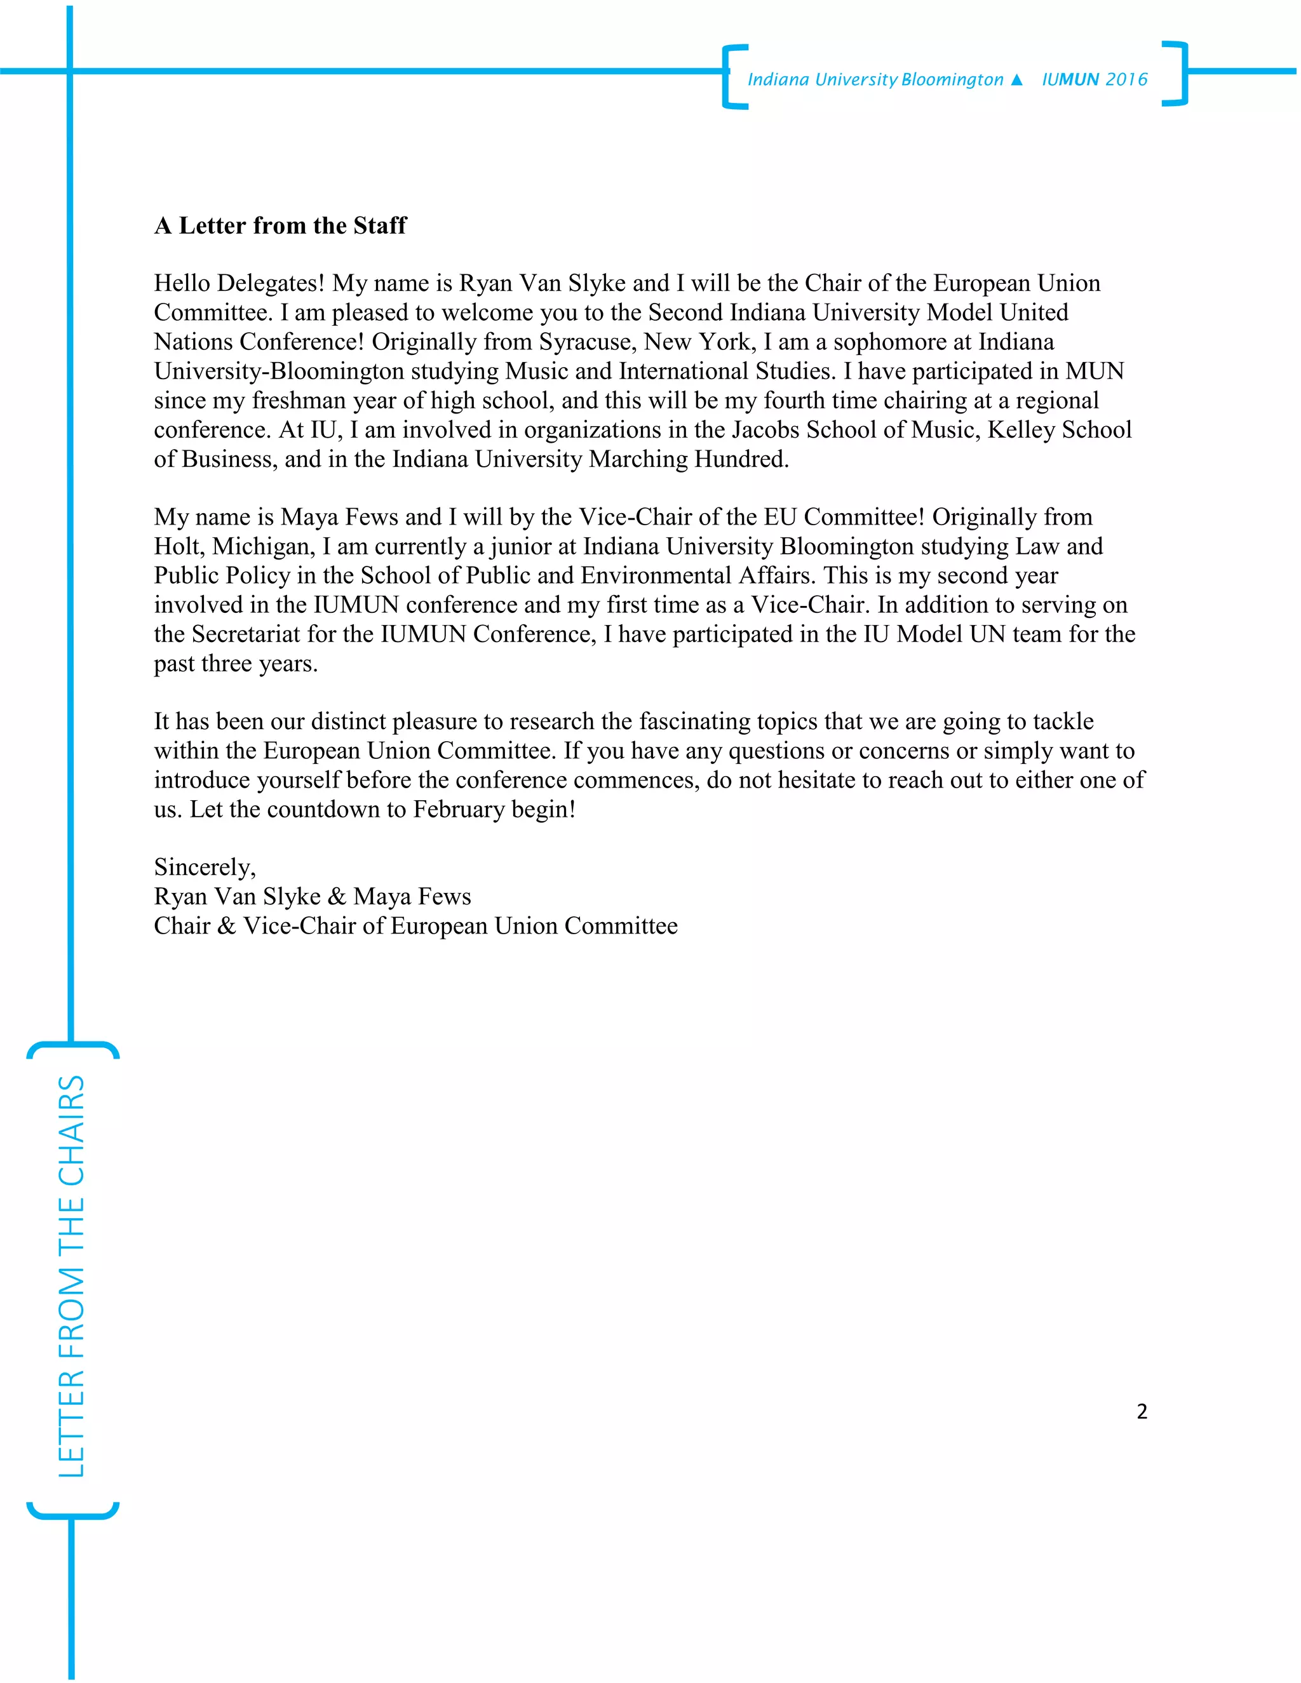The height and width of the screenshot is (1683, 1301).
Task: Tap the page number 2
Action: (1142, 1411)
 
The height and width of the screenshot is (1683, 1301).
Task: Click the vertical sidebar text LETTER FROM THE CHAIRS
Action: (72, 1276)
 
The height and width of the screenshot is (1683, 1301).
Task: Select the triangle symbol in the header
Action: (1016, 79)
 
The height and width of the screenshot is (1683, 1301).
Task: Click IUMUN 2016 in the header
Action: (1095, 79)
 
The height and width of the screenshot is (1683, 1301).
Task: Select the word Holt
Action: (179, 546)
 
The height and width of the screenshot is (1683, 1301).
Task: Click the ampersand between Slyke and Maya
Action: (337, 896)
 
